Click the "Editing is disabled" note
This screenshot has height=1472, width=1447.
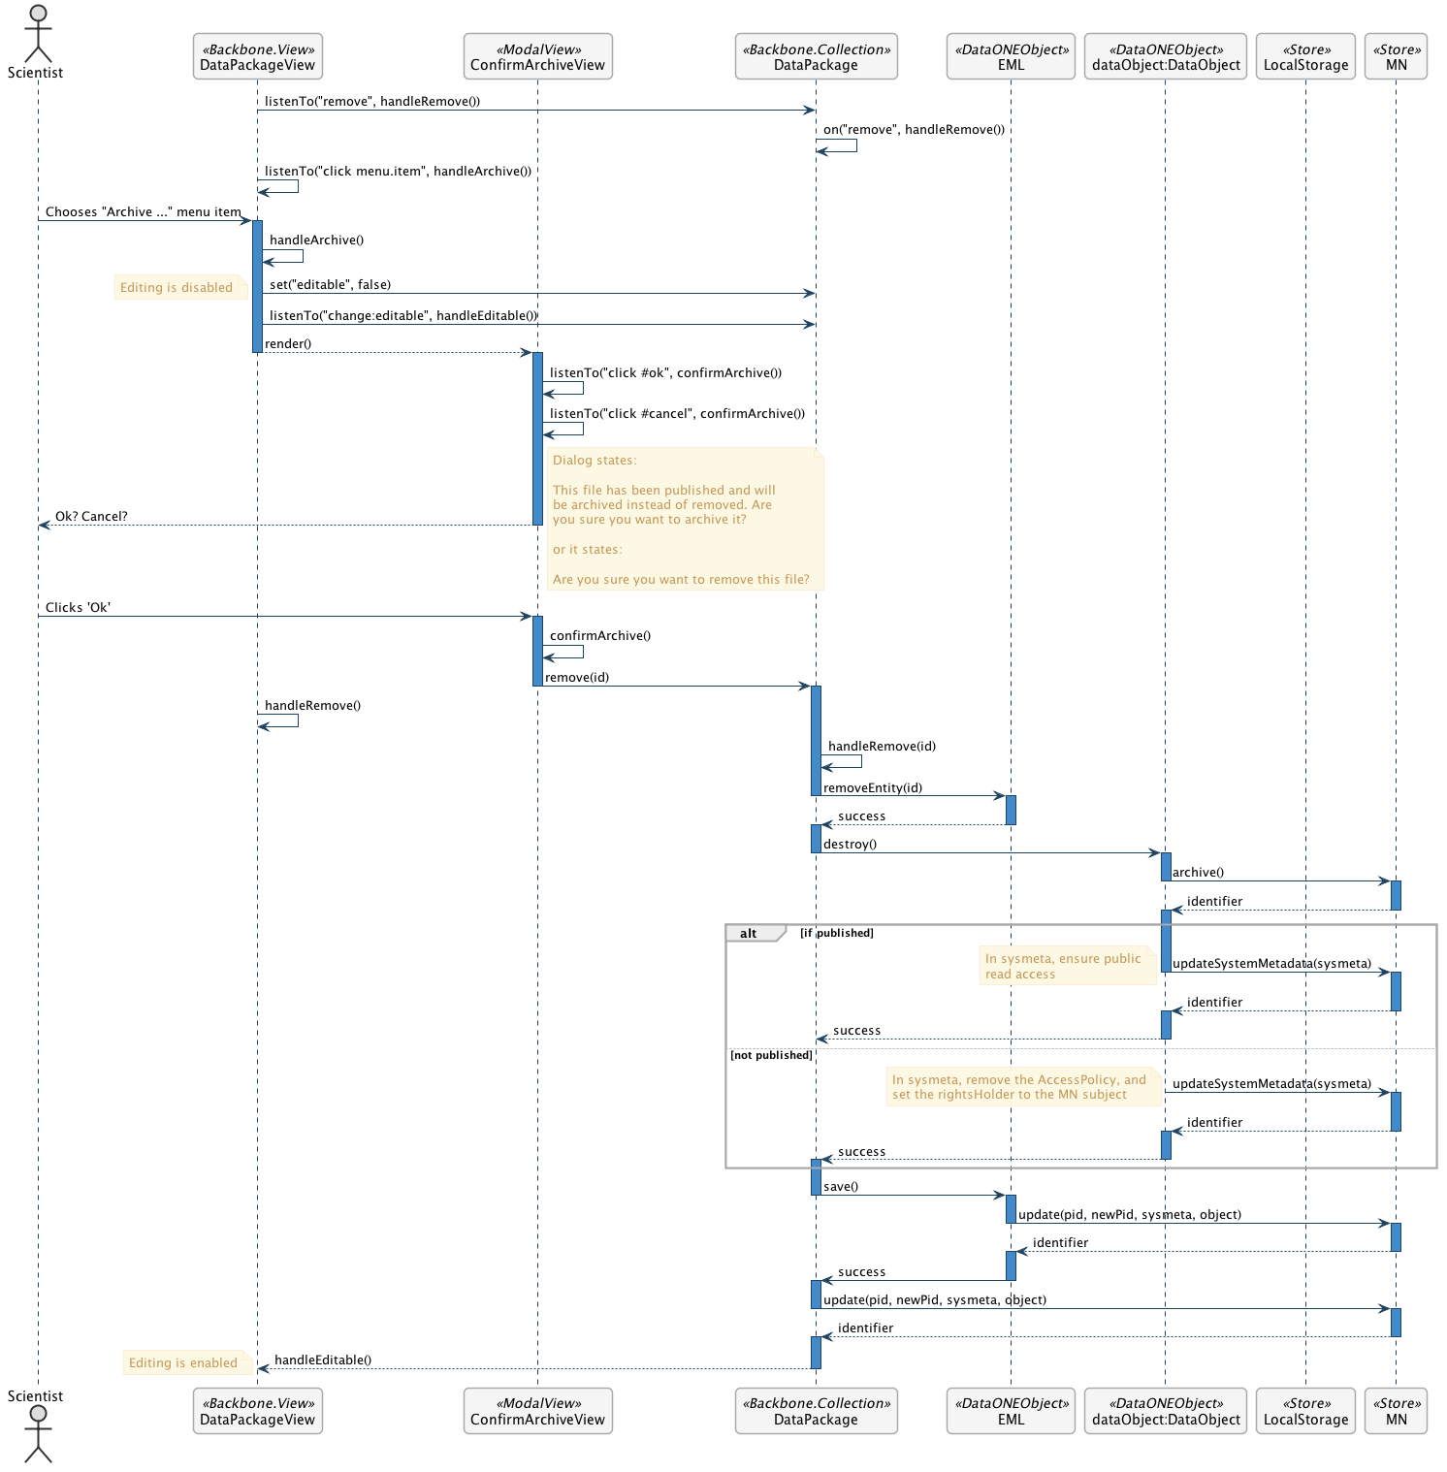[177, 287]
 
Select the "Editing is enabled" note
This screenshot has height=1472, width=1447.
[183, 1362]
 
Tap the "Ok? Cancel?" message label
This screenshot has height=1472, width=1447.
[91, 516]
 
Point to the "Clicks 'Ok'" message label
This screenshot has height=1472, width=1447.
[78, 607]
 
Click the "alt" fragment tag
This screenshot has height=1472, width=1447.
[749, 933]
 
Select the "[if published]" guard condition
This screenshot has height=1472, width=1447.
[836, 933]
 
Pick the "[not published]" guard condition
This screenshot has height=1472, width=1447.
[771, 1055]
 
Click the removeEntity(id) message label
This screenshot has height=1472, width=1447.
[873, 787]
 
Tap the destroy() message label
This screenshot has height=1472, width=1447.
[850, 844]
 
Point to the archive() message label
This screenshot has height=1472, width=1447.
[1198, 872]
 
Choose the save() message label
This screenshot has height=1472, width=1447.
[841, 1186]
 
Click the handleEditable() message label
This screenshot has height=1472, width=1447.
[323, 1360]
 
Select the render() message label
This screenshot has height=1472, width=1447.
[288, 343]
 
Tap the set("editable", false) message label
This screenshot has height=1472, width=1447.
[330, 284]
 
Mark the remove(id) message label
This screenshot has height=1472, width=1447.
[577, 677]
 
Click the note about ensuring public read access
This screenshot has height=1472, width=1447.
[1064, 966]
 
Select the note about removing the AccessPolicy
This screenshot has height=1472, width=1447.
[1019, 1087]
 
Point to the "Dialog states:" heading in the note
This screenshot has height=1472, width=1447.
[595, 460]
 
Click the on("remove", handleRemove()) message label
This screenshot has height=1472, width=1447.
[914, 129]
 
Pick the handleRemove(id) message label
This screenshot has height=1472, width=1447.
[882, 746]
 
